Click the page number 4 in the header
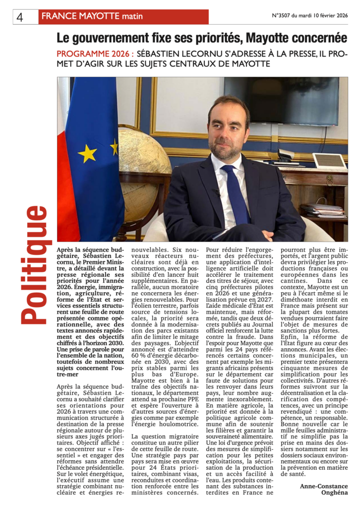pos(20,17)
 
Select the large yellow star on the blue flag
pos(87,154)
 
